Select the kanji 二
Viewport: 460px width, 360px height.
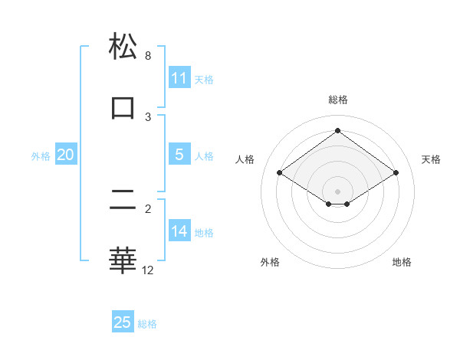pyautogui.click(x=123, y=201)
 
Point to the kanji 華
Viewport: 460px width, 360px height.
pyautogui.click(x=123, y=260)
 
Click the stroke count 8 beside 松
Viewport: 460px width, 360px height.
pyautogui.click(x=148, y=56)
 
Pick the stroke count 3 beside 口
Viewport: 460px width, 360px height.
pyautogui.click(x=148, y=116)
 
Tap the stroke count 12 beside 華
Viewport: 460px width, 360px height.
pyautogui.click(x=148, y=270)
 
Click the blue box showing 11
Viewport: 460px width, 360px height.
pyautogui.click(x=179, y=77)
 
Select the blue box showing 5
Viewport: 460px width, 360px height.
pyautogui.click(x=179, y=155)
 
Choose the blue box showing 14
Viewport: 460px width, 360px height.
pyautogui.click(x=179, y=231)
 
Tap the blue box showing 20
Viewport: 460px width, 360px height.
pyautogui.click(x=65, y=155)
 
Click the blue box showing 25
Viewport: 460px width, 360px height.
pyautogui.click(x=123, y=322)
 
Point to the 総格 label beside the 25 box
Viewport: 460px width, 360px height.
pyautogui.click(x=147, y=324)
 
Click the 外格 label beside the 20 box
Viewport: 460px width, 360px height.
pyautogui.click(x=41, y=156)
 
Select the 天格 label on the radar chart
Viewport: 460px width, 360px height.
pyautogui.click(x=431, y=159)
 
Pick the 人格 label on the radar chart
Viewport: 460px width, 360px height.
pyautogui.click(x=246, y=159)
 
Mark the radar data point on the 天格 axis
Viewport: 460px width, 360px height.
pyautogui.click(x=396, y=173)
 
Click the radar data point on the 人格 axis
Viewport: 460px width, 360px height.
pyautogui.click(x=280, y=173)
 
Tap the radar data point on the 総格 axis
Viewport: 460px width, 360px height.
pyautogui.click(x=338, y=130)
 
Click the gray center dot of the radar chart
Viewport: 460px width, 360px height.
pyautogui.click(x=338, y=191)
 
